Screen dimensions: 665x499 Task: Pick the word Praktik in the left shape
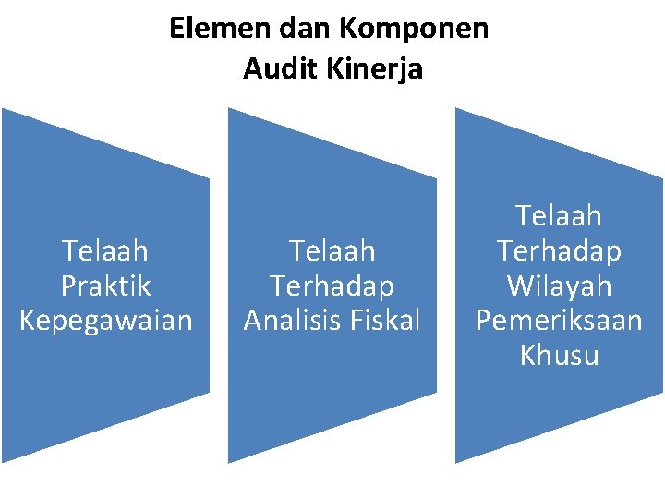pos(105,286)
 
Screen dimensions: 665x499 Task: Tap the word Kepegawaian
pos(105,320)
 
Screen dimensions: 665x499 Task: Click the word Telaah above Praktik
pos(105,250)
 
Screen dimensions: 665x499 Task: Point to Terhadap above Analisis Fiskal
pos(332,286)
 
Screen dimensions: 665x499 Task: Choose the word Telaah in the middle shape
pos(332,250)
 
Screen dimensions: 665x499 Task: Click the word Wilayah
pos(559,286)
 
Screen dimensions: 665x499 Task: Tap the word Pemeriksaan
pos(559,320)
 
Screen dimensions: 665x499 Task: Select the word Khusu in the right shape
pos(559,355)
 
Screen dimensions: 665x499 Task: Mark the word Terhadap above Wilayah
pos(559,250)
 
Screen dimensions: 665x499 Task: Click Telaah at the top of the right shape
pos(559,216)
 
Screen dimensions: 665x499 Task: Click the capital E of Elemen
pos(177,30)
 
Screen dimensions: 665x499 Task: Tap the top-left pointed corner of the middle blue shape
pos(230,109)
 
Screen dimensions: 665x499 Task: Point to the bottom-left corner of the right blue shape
pos(457,461)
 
